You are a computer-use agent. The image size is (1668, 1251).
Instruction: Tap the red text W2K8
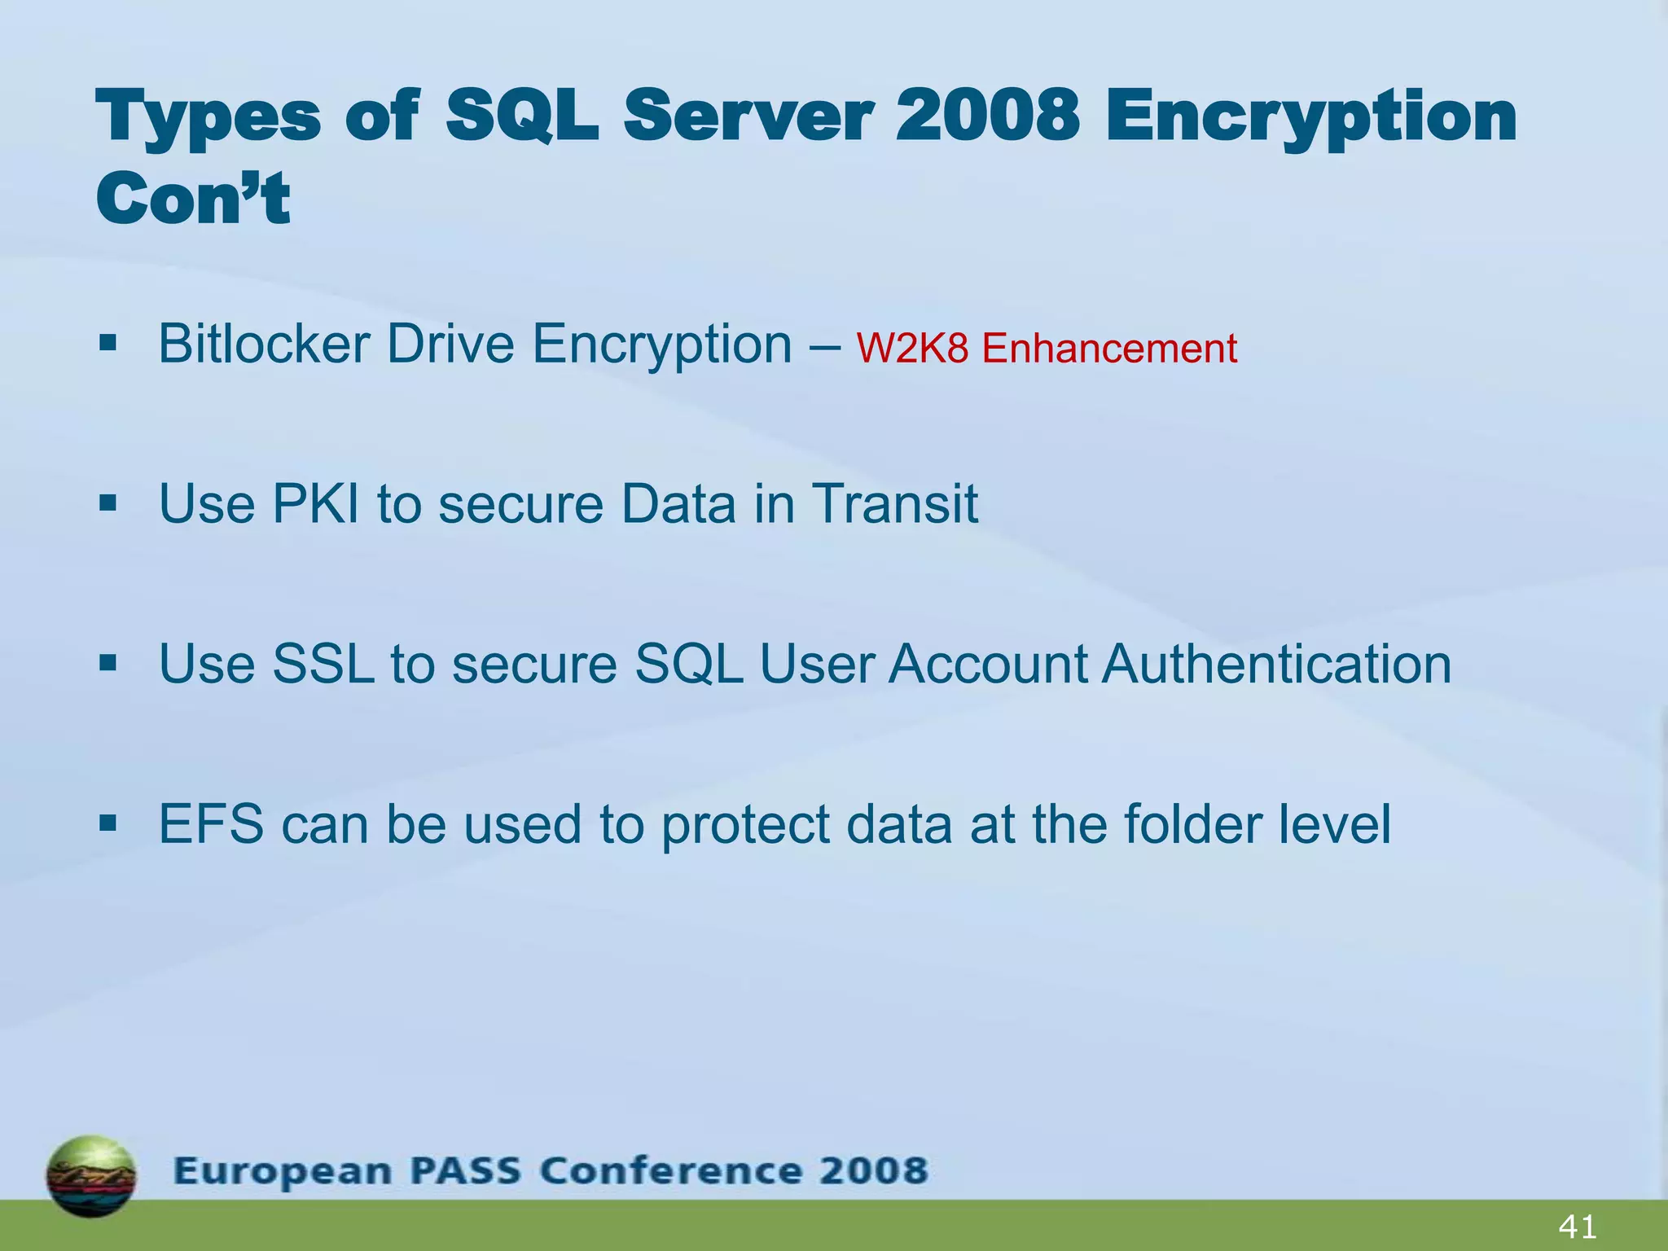point(912,349)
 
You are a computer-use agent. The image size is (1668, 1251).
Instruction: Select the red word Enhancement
point(1109,349)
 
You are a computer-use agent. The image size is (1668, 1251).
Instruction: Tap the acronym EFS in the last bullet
point(211,824)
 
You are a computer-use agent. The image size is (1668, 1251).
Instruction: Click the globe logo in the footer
point(91,1175)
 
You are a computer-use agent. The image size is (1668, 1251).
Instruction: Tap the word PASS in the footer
point(463,1171)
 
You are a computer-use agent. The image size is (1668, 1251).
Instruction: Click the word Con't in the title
point(193,198)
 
